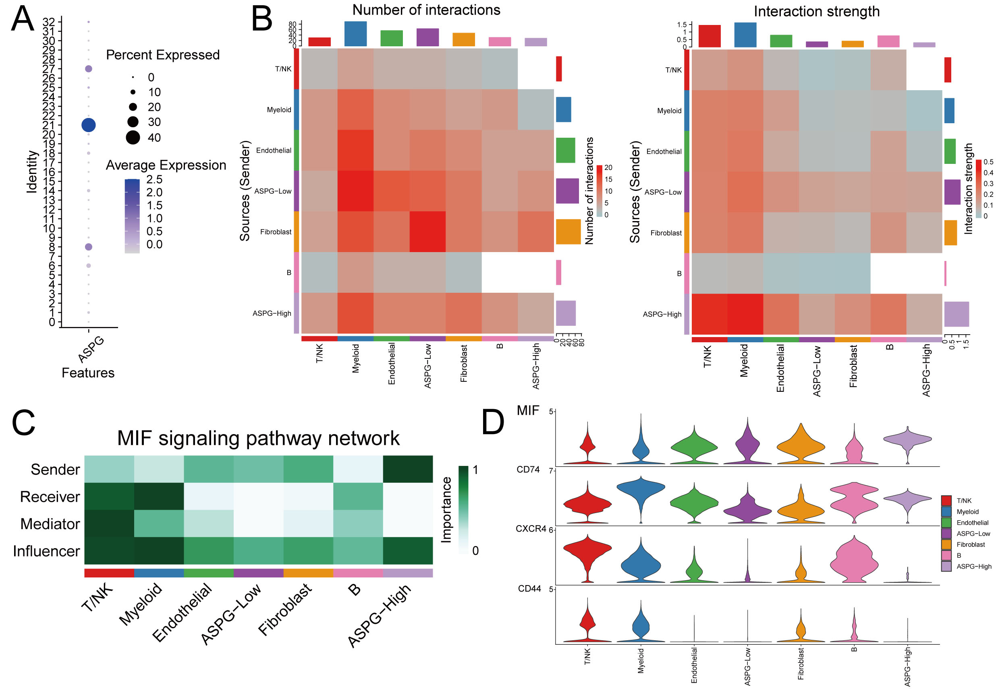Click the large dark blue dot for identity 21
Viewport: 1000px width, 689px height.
[x=89, y=125]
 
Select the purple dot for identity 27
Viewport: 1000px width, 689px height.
[x=89, y=68]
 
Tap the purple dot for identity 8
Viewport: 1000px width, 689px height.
[x=89, y=247]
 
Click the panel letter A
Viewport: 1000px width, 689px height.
[x=23, y=19]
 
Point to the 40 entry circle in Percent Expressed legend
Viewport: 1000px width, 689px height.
[x=133, y=138]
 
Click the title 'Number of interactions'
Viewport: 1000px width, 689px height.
[x=426, y=10]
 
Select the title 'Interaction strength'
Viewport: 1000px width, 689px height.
[x=816, y=11]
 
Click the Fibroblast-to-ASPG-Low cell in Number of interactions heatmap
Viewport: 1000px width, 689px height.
[x=427, y=232]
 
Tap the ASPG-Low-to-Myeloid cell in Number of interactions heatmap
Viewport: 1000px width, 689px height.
[x=355, y=191]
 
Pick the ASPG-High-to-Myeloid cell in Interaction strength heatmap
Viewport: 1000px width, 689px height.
[x=745, y=314]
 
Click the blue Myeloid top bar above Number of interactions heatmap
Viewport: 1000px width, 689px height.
[x=355, y=34]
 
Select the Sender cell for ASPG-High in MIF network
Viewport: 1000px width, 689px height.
[x=408, y=469]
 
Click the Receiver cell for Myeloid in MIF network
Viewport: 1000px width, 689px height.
[x=159, y=496]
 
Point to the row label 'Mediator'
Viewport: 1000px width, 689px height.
[x=50, y=523]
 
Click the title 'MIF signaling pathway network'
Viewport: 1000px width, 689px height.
[x=258, y=438]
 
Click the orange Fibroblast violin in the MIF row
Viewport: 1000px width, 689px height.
[x=801, y=447]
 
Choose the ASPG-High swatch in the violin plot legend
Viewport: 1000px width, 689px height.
[x=946, y=567]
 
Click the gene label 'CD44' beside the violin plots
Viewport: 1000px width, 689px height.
[x=529, y=589]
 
